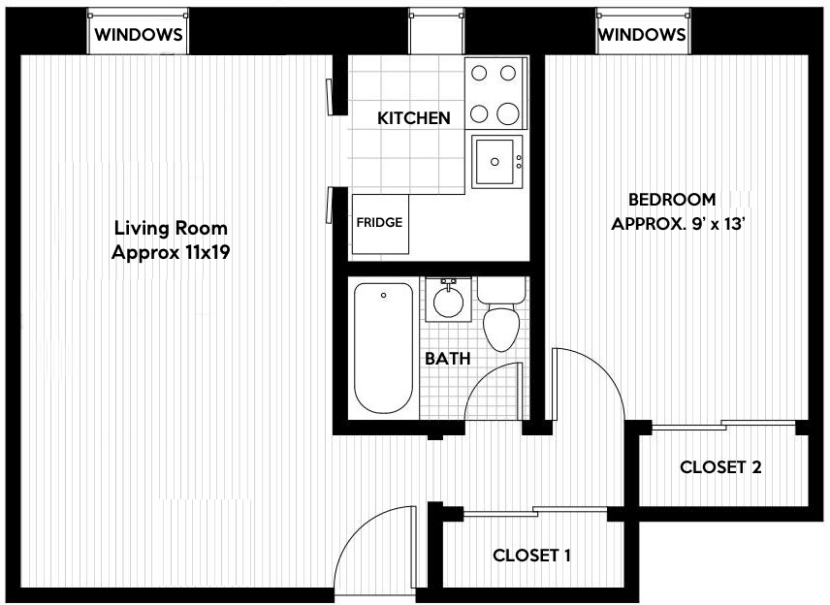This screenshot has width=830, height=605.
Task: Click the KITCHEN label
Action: (413, 118)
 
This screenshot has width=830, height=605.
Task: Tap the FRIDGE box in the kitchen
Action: (379, 223)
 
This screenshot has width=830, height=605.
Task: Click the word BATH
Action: (447, 359)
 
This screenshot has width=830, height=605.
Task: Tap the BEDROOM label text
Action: (672, 200)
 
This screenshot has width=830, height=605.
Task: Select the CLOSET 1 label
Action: (531, 556)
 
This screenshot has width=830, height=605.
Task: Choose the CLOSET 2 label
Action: (719, 467)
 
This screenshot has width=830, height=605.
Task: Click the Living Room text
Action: (171, 229)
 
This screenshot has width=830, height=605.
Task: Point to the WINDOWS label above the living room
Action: (138, 34)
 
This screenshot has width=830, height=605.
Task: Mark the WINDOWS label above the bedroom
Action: (642, 34)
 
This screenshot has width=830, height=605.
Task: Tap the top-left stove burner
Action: (480, 73)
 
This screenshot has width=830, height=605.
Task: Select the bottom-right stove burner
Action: (509, 113)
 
